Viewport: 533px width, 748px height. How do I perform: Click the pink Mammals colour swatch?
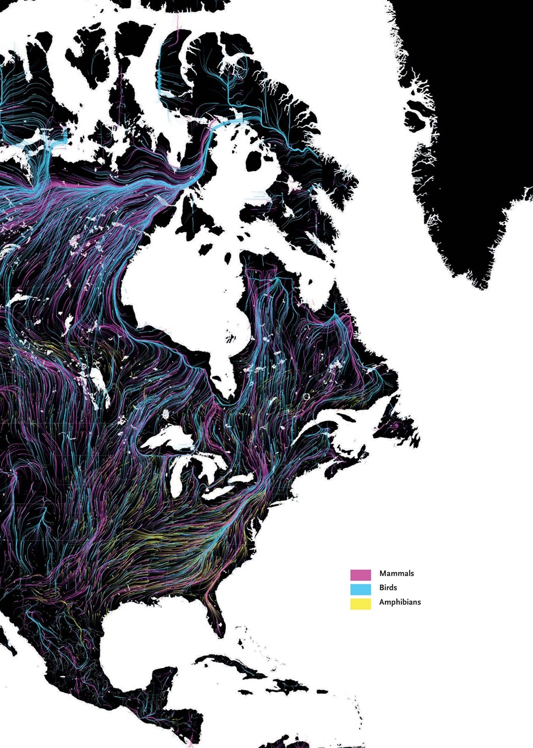tap(360, 574)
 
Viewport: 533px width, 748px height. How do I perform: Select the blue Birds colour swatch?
tap(360, 588)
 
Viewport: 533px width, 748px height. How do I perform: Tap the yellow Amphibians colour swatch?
tap(360, 604)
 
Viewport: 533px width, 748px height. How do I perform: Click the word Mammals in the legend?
tap(396, 574)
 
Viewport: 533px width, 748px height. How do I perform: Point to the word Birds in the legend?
tap(388, 588)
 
